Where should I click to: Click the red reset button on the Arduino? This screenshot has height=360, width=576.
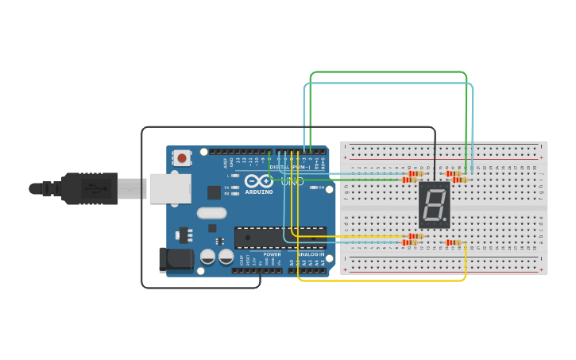click(182, 157)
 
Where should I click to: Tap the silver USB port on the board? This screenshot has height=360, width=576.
click(170, 188)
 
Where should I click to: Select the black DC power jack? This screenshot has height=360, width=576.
click(176, 260)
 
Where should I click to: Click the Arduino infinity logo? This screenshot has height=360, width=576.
click(259, 181)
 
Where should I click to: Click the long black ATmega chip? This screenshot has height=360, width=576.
click(280, 238)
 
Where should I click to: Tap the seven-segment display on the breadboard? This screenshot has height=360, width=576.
click(435, 204)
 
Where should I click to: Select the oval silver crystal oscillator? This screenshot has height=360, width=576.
click(212, 213)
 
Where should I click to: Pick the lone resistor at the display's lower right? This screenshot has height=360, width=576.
click(454, 242)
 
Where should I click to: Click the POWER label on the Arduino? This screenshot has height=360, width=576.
click(272, 254)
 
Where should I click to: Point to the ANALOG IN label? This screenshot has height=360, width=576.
click(311, 254)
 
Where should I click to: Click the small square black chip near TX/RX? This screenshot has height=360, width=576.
click(214, 192)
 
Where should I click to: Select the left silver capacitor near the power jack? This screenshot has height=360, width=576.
click(207, 257)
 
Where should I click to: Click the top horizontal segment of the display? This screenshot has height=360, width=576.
click(435, 188)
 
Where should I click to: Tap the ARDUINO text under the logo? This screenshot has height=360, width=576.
click(259, 192)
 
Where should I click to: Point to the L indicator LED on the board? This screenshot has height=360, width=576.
click(235, 176)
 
